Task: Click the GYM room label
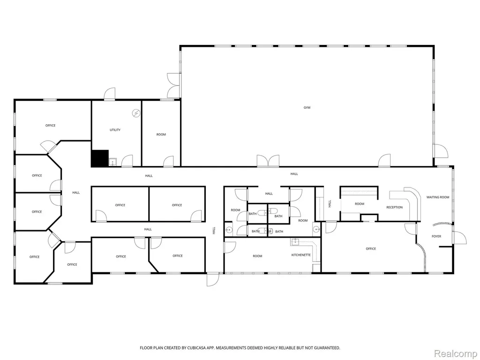pyautogui.click(x=307, y=108)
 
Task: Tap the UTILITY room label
pyautogui.click(x=115, y=130)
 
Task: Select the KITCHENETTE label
pyautogui.click(x=301, y=255)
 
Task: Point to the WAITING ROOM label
pyautogui.click(x=438, y=197)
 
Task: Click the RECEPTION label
pyautogui.click(x=394, y=208)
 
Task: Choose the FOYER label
pyautogui.click(x=436, y=236)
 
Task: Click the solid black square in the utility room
pyautogui.click(x=100, y=158)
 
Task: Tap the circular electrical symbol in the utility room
pyautogui.click(x=136, y=113)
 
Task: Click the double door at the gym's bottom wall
pyautogui.click(x=268, y=161)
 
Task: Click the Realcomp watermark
pyautogui.click(x=456, y=353)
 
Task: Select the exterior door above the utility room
pyautogui.click(x=110, y=94)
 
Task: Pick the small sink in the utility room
pyautogui.click(x=112, y=162)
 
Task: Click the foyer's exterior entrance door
pyautogui.click(x=459, y=238)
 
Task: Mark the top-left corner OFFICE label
pyautogui.click(x=50, y=126)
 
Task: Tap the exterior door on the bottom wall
pyautogui.click(x=213, y=279)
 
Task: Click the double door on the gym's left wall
pyautogui.click(x=173, y=85)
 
